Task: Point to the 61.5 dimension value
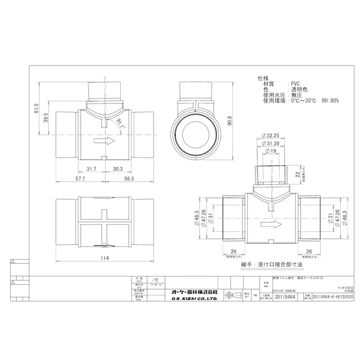(x=36, y=109)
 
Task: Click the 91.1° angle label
(x=120, y=124)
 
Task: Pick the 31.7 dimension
(x=91, y=169)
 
